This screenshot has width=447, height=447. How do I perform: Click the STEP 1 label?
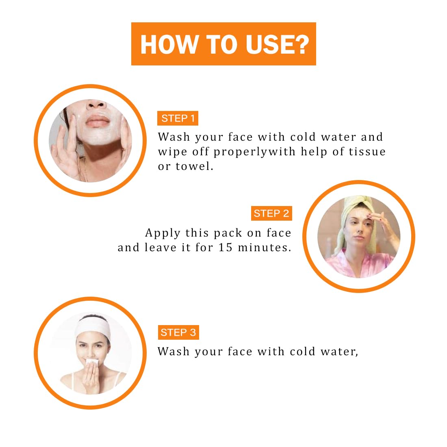[x=178, y=118]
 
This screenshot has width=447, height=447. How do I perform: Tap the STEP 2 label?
[x=271, y=213]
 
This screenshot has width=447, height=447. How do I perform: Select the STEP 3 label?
[x=178, y=332]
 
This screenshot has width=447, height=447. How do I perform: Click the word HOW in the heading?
[x=169, y=44]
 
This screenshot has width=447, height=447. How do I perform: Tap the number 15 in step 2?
[x=225, y=247]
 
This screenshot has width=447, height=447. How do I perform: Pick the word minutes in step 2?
[x=262, y=247]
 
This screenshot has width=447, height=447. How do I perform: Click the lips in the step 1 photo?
[x=97, y=121]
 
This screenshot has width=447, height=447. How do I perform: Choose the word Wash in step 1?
[x=174, y=137]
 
